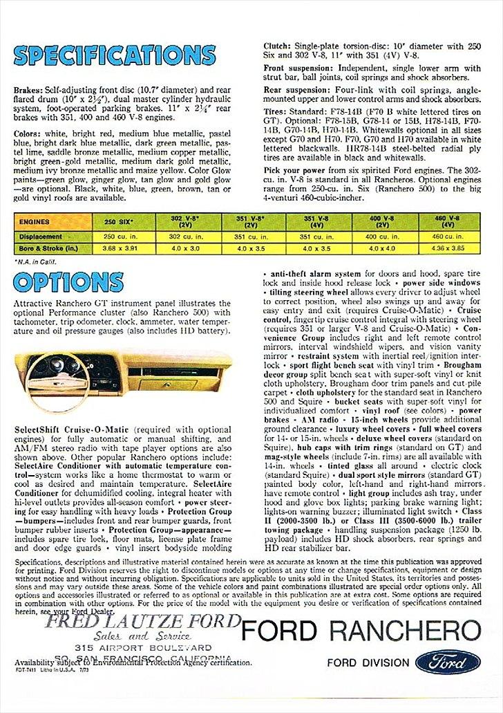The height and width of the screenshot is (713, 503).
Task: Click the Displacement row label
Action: point(41,236)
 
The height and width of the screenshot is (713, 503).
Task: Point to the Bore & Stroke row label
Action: point(46,248)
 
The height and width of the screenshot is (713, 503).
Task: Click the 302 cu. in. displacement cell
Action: point(184,236)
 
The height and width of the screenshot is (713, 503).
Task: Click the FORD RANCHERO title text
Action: point(360,632)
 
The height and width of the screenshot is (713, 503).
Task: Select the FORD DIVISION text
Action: point(368,663)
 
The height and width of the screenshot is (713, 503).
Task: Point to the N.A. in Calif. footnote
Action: point(35,261)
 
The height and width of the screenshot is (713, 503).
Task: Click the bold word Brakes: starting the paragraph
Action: point(28,90)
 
